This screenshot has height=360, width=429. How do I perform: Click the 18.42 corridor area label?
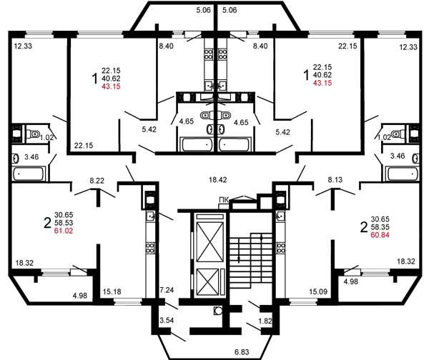click(217, 180)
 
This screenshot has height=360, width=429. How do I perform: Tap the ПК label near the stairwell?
click(224, 200)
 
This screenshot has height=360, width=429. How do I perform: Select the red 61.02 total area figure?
click(64, 231)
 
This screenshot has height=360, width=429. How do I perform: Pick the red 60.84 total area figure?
click(380, 235)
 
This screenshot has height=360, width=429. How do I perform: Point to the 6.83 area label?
click(242, 351)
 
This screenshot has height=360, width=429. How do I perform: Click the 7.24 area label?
click(167, 290)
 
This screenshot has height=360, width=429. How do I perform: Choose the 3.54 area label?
click(167, 320)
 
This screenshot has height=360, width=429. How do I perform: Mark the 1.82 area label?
click(265, 321)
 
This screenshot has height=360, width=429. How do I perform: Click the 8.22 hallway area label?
click(97, 181)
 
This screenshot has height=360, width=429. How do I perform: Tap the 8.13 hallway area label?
click(335, 179)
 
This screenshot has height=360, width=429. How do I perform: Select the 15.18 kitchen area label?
click(112, 291)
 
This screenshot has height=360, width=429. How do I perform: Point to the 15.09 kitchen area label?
click(318, 291)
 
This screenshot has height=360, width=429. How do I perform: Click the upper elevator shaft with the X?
click(210, 242)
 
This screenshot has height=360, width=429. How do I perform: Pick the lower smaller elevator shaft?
click(207, 282)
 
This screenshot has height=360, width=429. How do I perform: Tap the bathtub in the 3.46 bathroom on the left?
click(28, 174)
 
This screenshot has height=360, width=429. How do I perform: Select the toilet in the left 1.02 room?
click(33, 134)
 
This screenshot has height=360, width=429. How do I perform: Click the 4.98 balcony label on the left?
click(80, 296)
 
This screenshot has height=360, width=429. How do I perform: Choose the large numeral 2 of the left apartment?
click(48, 223)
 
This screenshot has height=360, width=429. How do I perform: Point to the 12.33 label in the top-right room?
click(408, 47)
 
